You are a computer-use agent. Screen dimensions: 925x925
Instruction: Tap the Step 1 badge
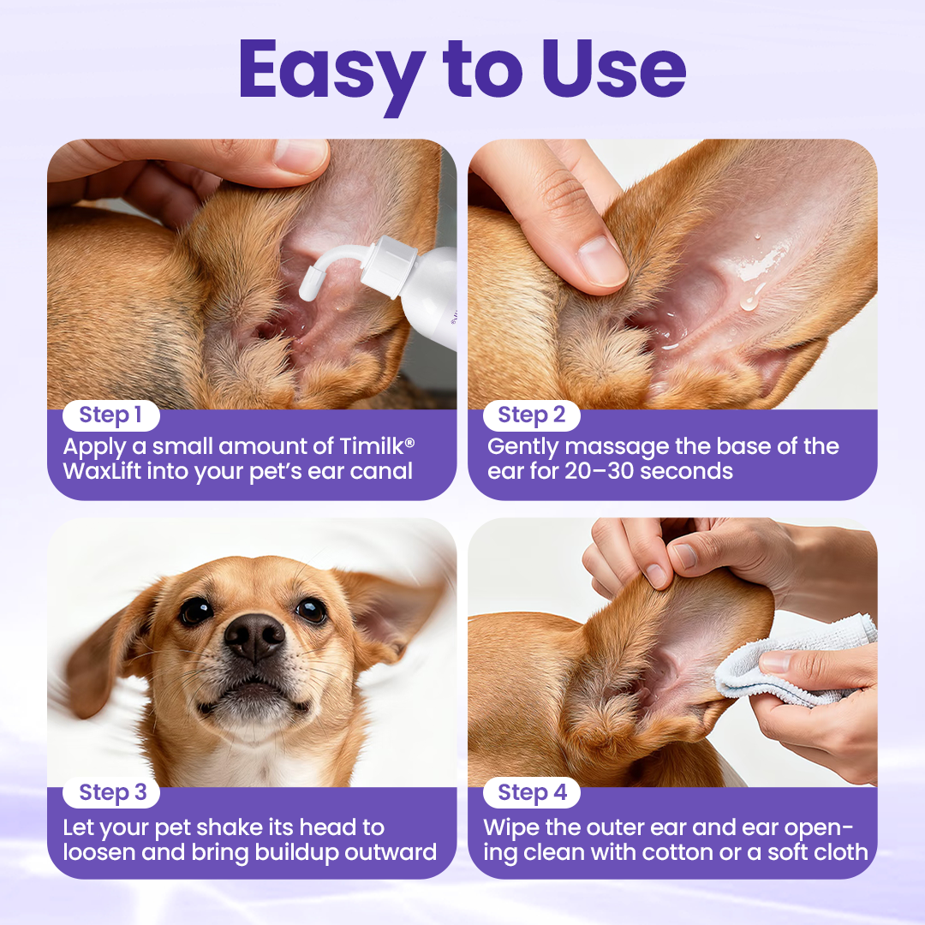(110, 415)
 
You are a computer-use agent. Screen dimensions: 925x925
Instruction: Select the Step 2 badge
(531, 415)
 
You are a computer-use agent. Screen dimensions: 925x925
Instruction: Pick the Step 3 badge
(112, 793)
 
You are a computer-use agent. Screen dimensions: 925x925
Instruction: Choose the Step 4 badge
(532, 793)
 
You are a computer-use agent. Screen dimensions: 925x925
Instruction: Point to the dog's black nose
(254, 636)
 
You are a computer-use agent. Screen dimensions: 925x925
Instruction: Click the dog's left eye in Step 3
(196, 611)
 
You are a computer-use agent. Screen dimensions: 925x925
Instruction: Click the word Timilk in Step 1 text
(364, 446)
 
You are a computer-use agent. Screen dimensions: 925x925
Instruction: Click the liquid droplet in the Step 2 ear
(751, 301)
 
